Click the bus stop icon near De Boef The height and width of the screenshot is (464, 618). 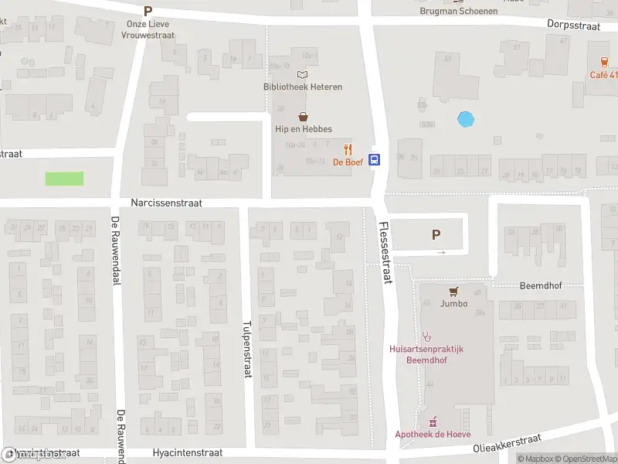click(x=375, y=160)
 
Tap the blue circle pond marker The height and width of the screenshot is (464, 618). click(x=465, y=120)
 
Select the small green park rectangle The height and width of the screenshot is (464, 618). click(x=64, y=179)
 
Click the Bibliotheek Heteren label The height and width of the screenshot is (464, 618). click(x=301, y=87)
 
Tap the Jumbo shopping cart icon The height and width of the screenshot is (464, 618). click(x=453, y=291)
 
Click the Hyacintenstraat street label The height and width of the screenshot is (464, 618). click(x=187, y=452)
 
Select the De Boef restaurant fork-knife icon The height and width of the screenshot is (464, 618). click(x=348, y=149)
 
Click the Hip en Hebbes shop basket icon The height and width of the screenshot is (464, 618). click(x=302, y=118)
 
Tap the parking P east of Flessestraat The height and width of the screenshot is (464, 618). click(x=436, y=234)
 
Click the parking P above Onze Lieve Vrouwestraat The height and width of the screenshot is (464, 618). click(x=148, y=11)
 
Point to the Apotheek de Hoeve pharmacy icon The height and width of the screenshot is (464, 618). click(x=433, y=421)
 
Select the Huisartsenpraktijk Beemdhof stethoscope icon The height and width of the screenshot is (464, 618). click(x=426, y=336)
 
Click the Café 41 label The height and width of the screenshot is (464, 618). click(x=603, y=75)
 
